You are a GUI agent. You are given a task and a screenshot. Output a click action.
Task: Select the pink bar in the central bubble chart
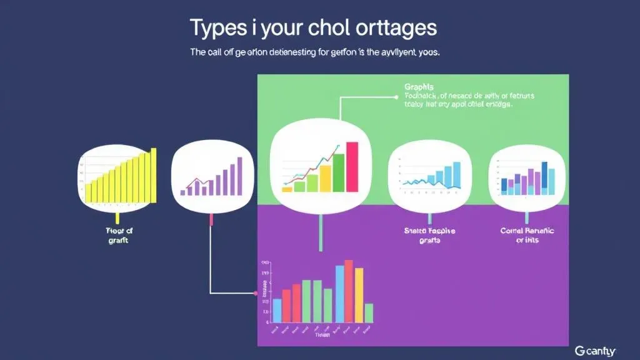352,166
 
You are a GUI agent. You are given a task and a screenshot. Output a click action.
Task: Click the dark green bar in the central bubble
339,172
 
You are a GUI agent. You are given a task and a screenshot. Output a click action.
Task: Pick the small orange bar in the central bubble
287,188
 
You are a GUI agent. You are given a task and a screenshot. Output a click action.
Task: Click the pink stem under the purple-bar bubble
212,219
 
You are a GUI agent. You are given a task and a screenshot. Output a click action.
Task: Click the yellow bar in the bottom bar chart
359,295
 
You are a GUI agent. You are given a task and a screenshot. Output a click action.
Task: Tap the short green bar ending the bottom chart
369,312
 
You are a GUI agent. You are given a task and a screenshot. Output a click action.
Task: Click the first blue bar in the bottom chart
277,310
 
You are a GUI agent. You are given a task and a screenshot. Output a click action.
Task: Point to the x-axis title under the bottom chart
322,335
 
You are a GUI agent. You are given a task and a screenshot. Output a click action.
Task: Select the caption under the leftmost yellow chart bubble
118,235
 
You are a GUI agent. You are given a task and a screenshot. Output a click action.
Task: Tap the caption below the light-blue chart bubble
430,235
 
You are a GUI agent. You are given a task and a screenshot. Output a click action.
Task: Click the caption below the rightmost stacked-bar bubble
527,235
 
